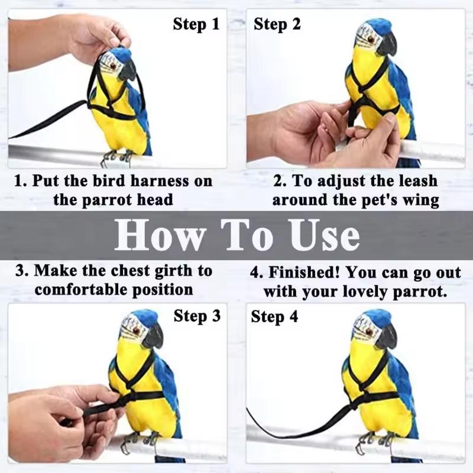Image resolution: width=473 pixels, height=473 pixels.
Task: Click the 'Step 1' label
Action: pos(196,24)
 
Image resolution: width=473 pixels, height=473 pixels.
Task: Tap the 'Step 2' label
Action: pos(277,24)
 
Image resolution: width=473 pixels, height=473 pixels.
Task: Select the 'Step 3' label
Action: pos(196,316)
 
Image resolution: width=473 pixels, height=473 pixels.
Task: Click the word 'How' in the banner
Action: pos(157,235)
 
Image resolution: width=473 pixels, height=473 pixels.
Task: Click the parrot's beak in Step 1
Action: pos(127,71)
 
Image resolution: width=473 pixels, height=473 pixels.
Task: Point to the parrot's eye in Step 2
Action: pos(371,38)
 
